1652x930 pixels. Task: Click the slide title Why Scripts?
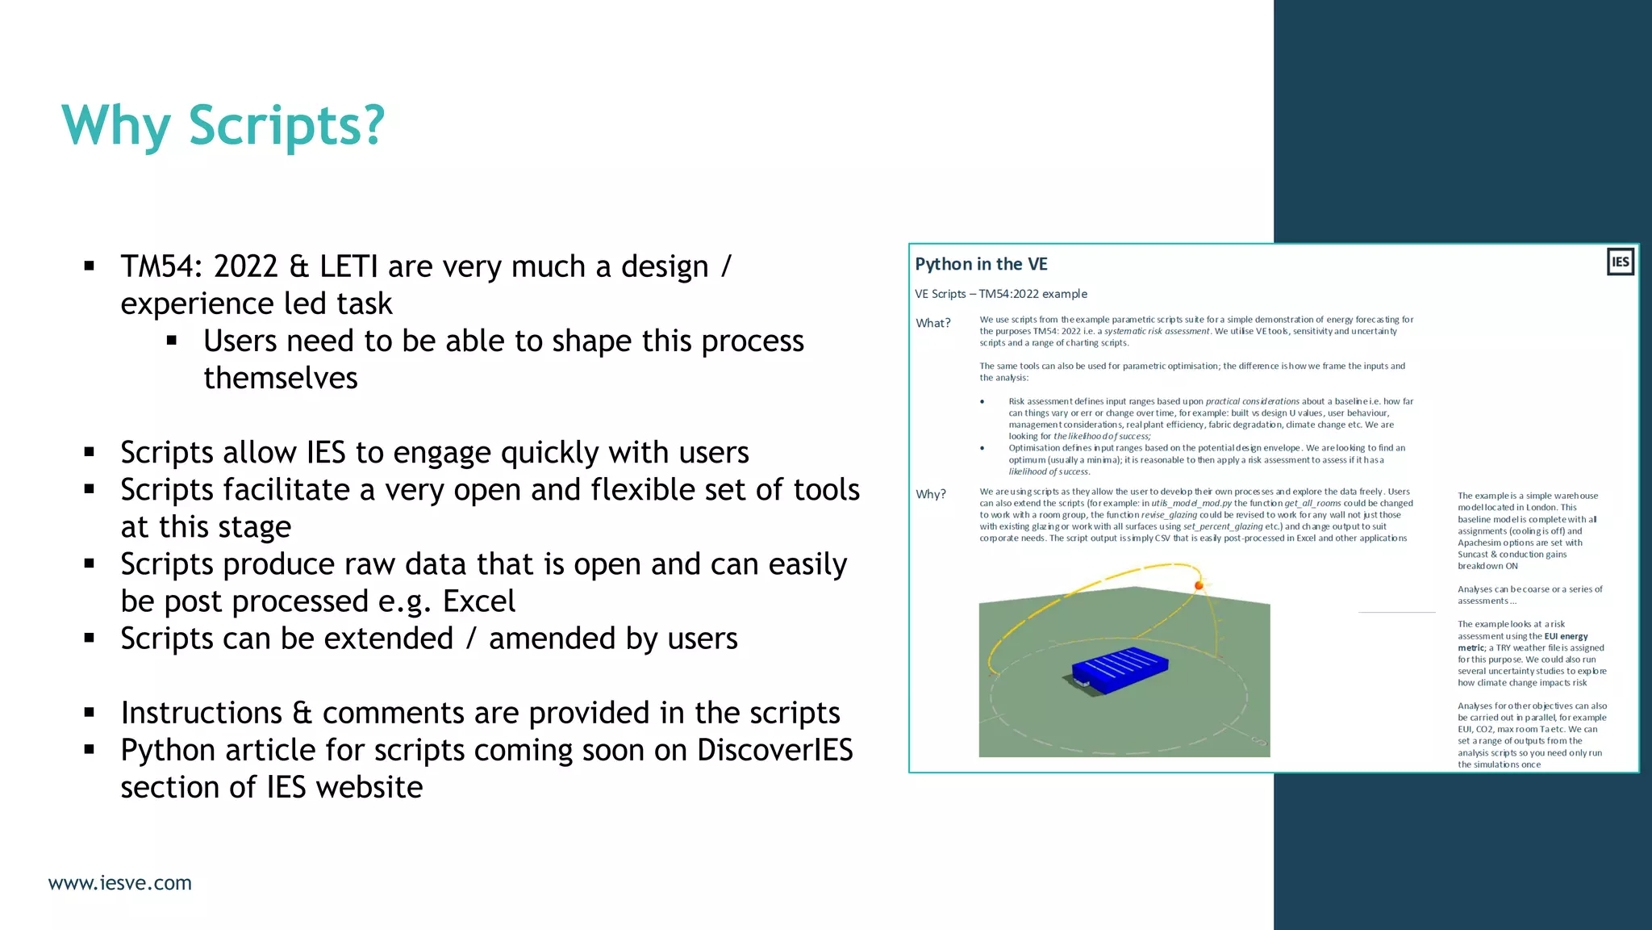(x=223, y=125)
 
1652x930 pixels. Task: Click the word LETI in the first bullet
(x=348, y=266)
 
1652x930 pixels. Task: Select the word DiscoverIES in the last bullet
(x=774, y=750)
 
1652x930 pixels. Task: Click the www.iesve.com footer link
(x=120, y=883)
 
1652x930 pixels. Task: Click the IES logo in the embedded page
(x=1620, y=262)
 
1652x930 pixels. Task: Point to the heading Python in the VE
(x=981, y=264)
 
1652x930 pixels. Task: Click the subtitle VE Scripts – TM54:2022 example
(x=1000, y=294)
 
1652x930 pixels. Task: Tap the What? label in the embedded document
(x=932, y=323)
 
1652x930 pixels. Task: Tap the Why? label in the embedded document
(x=930, y=494)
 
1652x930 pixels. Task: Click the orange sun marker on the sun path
(x=1199, y=585)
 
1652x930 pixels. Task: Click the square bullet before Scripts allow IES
(x=90, y=452)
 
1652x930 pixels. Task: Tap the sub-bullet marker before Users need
(x=172, y=341)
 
